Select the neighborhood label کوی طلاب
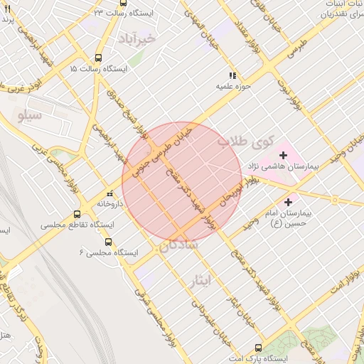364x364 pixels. (x=245, y=141)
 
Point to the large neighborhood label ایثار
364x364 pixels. (x=202, y=280)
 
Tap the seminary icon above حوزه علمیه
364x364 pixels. (x=232, y=75)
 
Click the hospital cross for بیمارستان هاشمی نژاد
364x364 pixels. (x=283, y=154)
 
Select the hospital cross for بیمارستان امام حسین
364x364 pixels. (x=288, y=202)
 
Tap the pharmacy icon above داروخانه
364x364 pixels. (x=109, y=193)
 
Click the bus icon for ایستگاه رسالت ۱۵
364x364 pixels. (x=98, y=59)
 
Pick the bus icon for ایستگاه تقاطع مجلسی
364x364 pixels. (x=77, y=214)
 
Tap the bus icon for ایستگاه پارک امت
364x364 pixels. (x=257, y=348)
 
